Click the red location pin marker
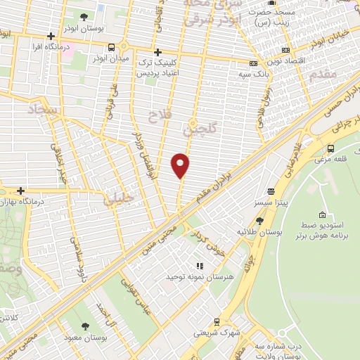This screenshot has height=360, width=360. pyautogui.click(x=181, y=165)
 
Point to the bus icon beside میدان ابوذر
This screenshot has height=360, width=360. pyautogui.click(x=111, y=47)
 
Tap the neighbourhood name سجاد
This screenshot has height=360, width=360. pyautogui.click(x=41, y=109)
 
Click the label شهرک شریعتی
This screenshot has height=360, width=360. pyautogui.click(x=215, y=333)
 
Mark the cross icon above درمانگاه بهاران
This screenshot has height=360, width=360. pyautogui.click(x=21, y=191)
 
